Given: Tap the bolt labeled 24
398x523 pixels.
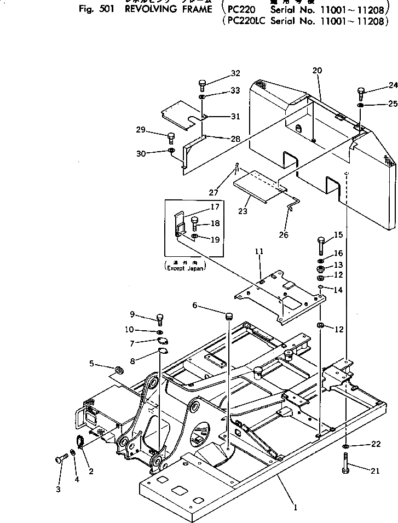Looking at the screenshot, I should pyautogui.click(x=361, y=93).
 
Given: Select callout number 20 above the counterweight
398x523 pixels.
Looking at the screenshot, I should pyautogui.click(x=317, y=70).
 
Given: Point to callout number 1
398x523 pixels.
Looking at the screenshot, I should pyautogui.click(x=296, y=508).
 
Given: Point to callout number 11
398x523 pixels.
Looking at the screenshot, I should pyautogui.click(x=259, y=251).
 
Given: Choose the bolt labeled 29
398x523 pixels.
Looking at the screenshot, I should pyautogui.click(x=170, y=136).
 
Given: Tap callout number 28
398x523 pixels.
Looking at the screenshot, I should pyautogui.click(x=235, y=139).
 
